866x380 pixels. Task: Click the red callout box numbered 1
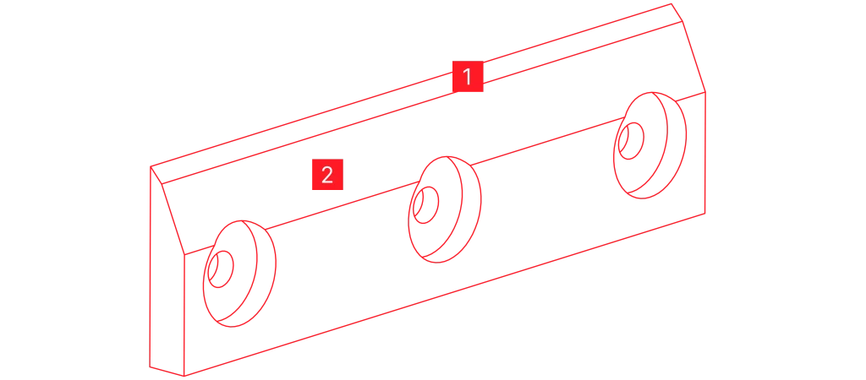pyautogui.click(x=468, y=76)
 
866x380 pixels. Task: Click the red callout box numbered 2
pyautogui.click(x=327, y=174)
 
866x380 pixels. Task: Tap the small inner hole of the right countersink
pyautogui.click(x=631, y=141)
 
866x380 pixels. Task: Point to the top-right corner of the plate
pyautogui.click(x=671, y=4)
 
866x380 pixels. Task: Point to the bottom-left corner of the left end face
pyautogui.click(x=150, y=366)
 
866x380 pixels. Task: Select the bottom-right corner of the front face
pyautogui.click(x=704, y=214)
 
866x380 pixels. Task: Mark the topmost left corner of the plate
pyautogui.click(x=151, y=166)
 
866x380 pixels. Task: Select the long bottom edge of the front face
pyautogui.click(x=444, y=295)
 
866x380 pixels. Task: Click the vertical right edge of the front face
pyautogui.click(x=705, y=153)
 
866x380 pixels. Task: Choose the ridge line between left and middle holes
pyautogui.click(x=343, y=205)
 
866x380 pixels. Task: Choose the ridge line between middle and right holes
pyautogui.click(x=548, y=141)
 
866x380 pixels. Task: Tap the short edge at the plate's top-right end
pyautogui.click(x=677, y=13)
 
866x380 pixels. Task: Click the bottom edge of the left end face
pyautogui.click(x=167, y=372)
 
